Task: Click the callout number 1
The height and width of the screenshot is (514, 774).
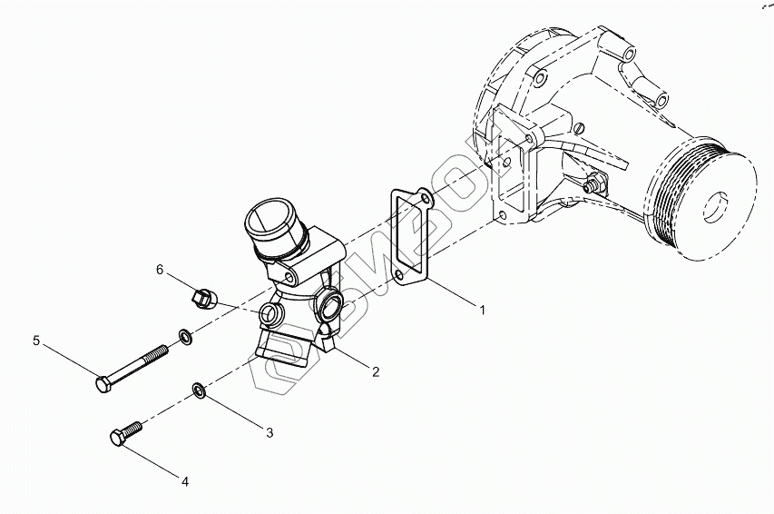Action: pyautogui.click(x=483, y=310)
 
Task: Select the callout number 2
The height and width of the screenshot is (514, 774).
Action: pyautogui.click(x=374, y=371)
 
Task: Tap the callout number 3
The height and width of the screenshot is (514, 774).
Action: pyautogui.click(x=269, y=432)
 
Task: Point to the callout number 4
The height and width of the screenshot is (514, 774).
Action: pyautogui.click(x=185, y=481)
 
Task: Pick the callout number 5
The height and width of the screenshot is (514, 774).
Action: pyautogui.click(x=36, y=341)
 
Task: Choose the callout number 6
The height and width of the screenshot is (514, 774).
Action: pyautogui.click(x=160, y=270)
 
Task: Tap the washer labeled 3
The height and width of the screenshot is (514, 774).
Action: pyautogui.click(x=198, y=391)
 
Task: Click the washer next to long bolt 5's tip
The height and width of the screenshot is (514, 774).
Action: pyautogui.click(x=185, y=338)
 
